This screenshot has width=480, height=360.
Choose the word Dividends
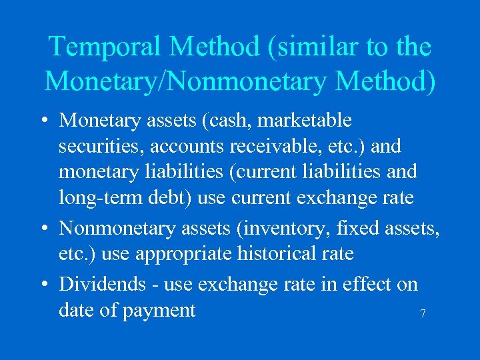pos(102,284)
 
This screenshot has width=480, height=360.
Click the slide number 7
pos(423,313)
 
